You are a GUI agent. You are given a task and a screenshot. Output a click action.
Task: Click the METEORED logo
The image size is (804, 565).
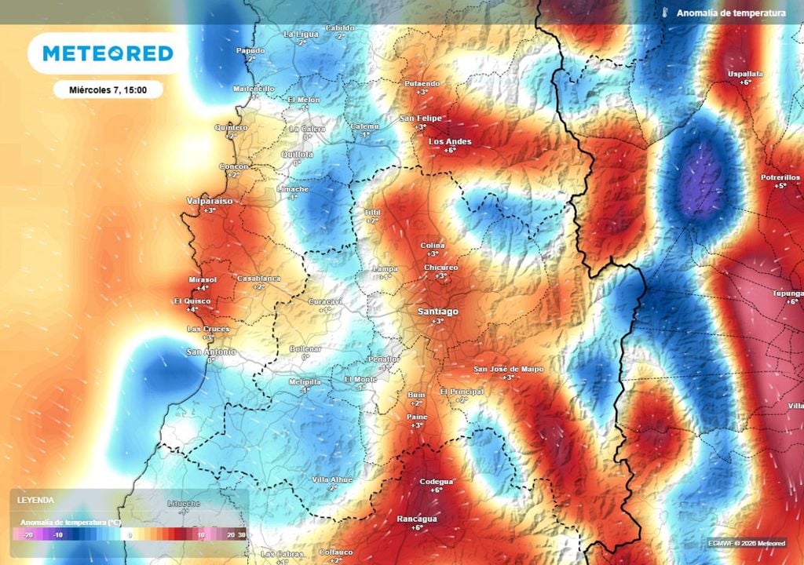[108, 53]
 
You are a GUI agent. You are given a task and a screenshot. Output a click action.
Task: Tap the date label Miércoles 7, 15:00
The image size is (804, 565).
[108, 89]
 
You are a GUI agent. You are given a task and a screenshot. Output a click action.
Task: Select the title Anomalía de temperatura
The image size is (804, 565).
[730, 13]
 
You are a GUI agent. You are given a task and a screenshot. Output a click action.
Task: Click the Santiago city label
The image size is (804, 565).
[437, 312]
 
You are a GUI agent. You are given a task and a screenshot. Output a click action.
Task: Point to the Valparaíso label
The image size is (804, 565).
[209, 202]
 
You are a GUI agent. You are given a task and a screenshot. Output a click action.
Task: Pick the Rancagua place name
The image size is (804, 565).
[417, 519]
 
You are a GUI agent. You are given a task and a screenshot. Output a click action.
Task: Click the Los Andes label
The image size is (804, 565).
[450, 141]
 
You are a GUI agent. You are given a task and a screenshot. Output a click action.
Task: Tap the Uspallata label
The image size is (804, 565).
[745, 74]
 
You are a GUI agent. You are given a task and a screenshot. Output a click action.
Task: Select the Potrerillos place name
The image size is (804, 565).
[780, 177]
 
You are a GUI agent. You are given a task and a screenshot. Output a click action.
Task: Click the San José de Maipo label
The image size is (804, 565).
[508, 369]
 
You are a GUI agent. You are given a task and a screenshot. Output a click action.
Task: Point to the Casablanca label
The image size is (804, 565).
[258, 279]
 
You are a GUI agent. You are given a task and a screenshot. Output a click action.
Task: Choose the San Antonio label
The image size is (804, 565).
[210, 352]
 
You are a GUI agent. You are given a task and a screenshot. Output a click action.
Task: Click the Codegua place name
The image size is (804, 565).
[437, 481]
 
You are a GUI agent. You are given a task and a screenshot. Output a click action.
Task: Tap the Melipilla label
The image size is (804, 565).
[305, 381]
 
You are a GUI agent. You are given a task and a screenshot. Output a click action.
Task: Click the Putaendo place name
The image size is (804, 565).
[422, 84]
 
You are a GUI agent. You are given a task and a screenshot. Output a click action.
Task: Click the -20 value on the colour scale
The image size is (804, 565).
[28, 534]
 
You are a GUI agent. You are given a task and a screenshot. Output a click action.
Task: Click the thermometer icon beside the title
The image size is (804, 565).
[664, 13]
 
